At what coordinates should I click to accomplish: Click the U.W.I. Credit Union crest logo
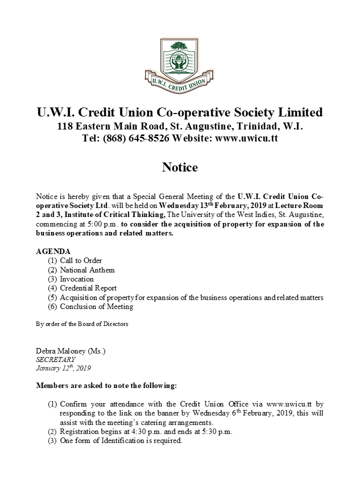179,65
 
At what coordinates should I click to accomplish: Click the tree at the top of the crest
179,47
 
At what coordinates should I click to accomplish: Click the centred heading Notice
179,167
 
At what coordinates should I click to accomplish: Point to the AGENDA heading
53,251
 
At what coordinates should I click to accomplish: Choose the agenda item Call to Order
81,260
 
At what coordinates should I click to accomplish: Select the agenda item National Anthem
87,270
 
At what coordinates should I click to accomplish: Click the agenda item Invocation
76,279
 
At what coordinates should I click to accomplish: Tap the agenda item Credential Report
88,288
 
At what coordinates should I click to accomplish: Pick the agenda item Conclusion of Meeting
96,306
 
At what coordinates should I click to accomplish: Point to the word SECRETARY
55,359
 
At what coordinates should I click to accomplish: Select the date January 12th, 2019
63,368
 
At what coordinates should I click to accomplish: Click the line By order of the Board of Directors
82,324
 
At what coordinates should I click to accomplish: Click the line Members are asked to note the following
106,386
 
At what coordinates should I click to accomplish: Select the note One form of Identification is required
121,441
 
